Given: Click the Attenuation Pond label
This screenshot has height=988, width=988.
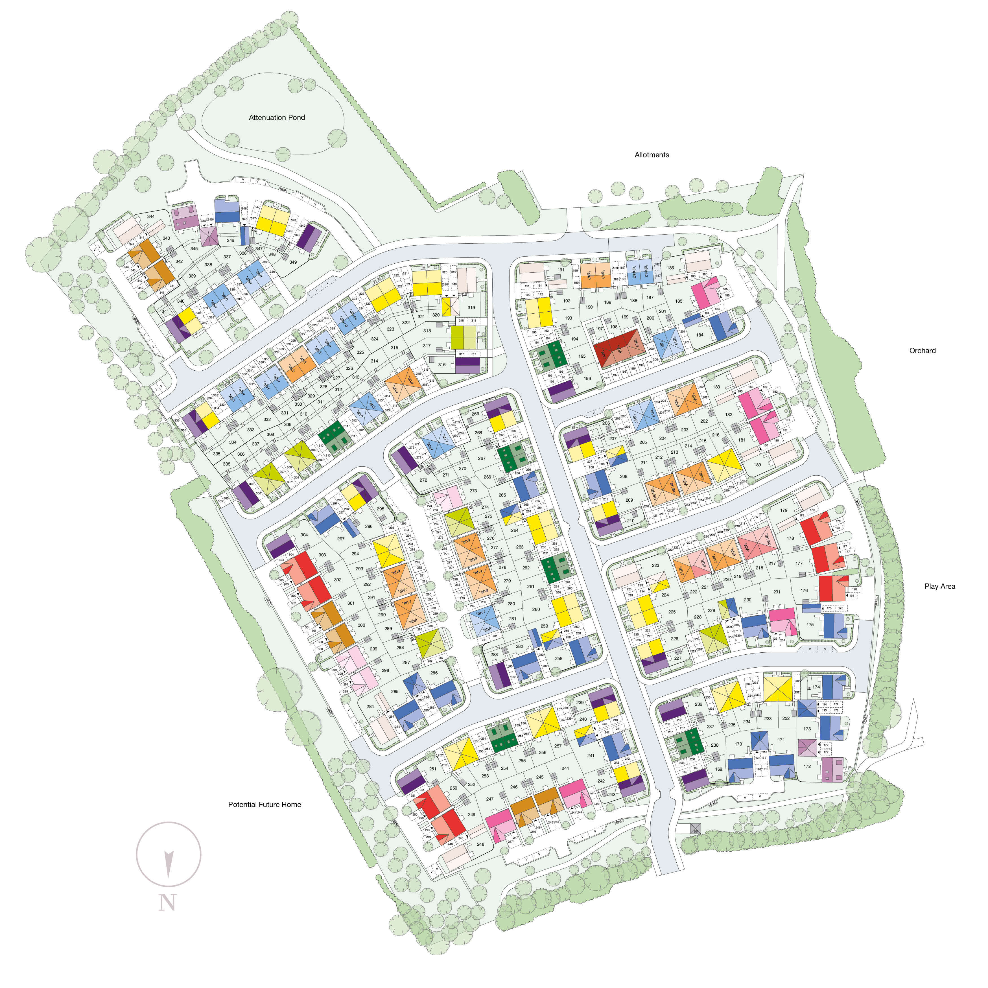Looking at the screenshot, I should click(x=277, y=118).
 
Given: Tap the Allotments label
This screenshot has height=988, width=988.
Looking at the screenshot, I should click(x=652, y=155).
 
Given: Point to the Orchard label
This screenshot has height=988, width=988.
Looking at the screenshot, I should click(x=922, y=351).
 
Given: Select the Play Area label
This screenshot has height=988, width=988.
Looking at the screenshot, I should click(x=939, y=587).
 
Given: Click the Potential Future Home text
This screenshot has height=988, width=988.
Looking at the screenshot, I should click(x=265, y=805).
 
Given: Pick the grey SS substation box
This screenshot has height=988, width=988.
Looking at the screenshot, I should click(x=696, y=829).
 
